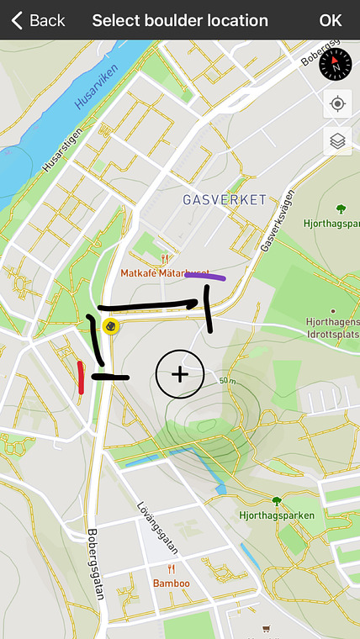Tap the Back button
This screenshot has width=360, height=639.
(x=38, y=20)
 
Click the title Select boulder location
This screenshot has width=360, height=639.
(x=180, y=20)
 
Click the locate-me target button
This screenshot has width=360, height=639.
(x=337, y=103)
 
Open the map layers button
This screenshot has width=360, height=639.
(x=337, y=140)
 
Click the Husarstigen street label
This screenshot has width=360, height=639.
(x=63, y=149)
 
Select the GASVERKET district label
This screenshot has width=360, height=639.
(x=225, y=199)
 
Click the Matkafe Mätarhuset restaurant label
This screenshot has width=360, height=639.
(x=164, y=272)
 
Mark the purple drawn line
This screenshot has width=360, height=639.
(x=205, y=275)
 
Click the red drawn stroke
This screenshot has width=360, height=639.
(x=80, y=378)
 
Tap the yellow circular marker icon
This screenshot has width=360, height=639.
(x=109, y=326)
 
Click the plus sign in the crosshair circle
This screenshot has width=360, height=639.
(x=180, y=374)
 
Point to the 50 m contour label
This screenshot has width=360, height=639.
(x=226, y=382)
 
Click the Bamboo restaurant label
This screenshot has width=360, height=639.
(x=171, y=583)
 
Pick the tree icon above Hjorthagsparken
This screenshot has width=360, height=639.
(x=276, y=502)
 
